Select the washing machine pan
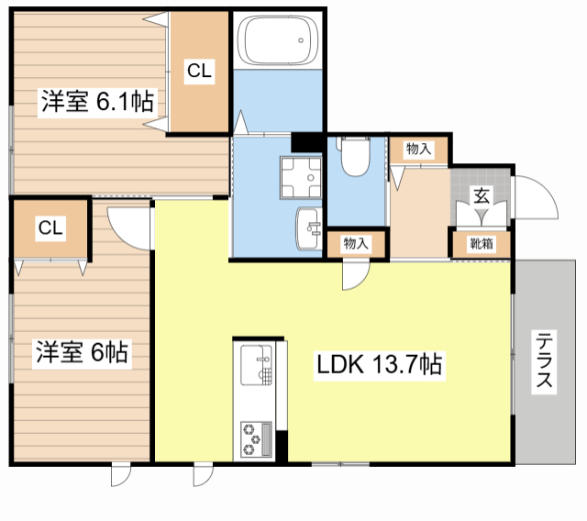coord(302,174)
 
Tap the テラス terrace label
coord(544,360)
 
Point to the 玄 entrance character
coord(481,194)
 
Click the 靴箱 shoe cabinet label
coord(481,244)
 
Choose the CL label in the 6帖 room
coord(50,228)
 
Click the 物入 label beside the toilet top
coord(418,149)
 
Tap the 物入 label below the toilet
coord(356,243)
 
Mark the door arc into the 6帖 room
coord(128,226)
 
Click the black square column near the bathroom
coord(303,143)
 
